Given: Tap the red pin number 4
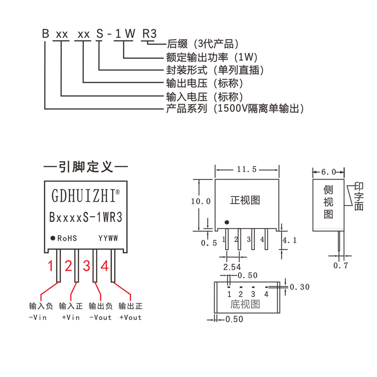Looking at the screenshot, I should (x=104, y=266).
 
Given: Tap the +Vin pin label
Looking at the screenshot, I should (x=71, y=317).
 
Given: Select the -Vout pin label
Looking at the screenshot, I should (x=100, y=317).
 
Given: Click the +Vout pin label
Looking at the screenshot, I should (x=131, y=317).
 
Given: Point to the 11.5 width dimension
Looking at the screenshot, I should (x=247, y=170).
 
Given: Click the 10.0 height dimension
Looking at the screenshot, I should (x=200, y=201).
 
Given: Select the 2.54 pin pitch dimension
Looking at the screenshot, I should (x=229, y=267).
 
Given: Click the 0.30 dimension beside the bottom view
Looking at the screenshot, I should (x=301, y=287).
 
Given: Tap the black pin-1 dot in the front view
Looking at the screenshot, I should (x=227, y=222).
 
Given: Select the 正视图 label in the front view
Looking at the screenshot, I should (x=245, y=200).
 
